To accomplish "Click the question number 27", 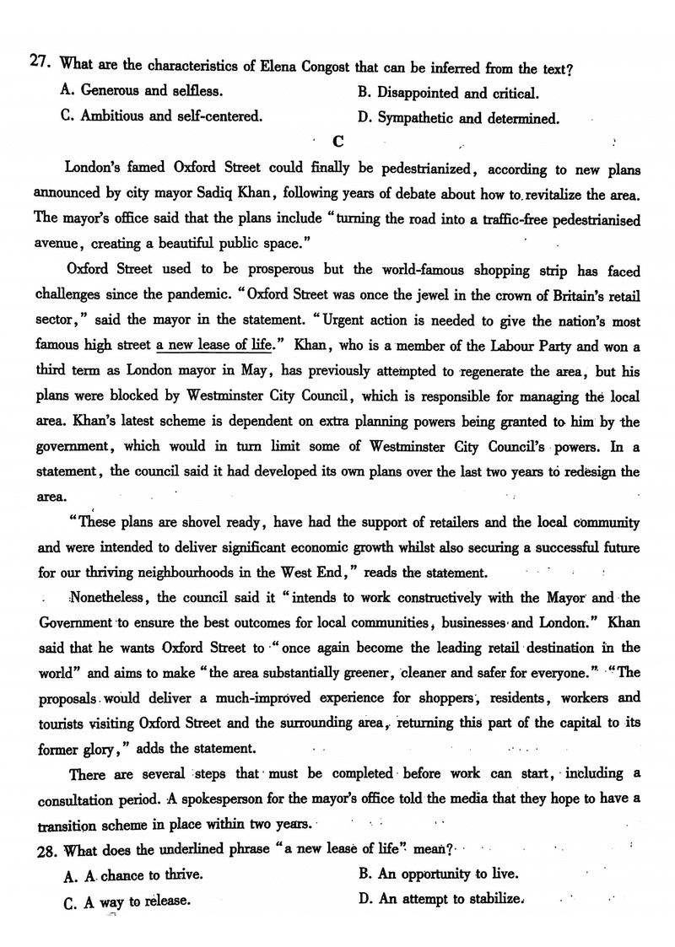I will (x=39, y=62).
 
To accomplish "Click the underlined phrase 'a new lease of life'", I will (x=214, y=346).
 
